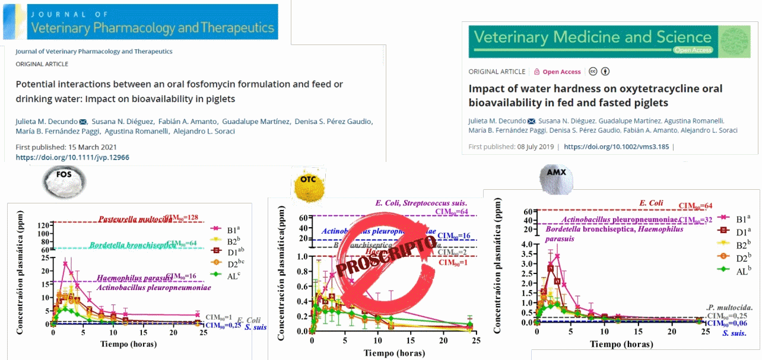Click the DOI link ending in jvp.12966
pos(72,157)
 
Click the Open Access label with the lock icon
pos(557,72)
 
